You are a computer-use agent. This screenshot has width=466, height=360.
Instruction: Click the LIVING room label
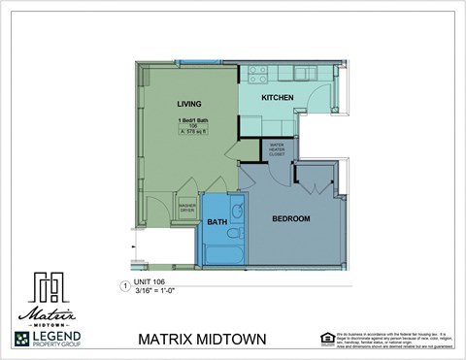188,104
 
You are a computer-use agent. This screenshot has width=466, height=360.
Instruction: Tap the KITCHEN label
278,98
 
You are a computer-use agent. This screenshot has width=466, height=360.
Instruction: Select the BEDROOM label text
290,219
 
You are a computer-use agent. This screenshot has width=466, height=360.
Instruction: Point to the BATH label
216,222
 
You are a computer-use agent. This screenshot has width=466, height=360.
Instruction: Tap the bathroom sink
236,211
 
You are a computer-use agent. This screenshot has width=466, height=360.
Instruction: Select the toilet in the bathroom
234,233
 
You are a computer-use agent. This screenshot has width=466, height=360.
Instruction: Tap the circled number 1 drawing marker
123,285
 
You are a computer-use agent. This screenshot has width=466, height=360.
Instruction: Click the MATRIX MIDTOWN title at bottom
201,340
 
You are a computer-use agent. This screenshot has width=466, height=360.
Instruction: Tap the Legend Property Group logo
48,339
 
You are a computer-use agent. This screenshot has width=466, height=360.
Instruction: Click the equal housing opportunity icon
327,338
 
